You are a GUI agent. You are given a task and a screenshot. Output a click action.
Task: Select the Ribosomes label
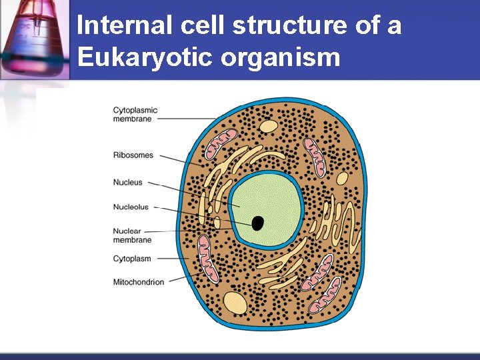pyautogui.click(x=133, y=155)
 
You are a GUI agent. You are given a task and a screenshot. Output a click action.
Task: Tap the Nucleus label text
pyautogui.click(x=128, y=183)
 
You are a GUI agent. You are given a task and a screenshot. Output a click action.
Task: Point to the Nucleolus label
pyautogui.click(x=131, y=207)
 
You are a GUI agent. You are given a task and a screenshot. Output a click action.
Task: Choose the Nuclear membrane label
pyautogui.click(x=132, y=235)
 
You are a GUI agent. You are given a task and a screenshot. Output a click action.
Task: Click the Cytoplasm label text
pyautogui.click(x=132, y=259)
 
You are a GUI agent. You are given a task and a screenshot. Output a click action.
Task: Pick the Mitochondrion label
pyautogui.click(x=139, y=282)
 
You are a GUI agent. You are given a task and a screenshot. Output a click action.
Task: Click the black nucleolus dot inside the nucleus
pyautogui.click(x=257, y=223)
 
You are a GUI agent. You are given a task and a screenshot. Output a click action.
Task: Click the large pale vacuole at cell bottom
pyautogui.click(x=234, y=303)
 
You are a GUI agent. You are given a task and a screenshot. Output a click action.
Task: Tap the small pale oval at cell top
pyautogui.click(x=268, y=125)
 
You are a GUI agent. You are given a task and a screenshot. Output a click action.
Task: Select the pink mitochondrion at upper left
pyautogui.click(x=220, y=144)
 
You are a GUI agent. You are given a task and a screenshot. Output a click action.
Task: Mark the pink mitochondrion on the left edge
pyautogui.click(x=209, y=257)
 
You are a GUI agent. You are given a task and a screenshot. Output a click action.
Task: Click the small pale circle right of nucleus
pyautogui.click(x=342, y=178)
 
